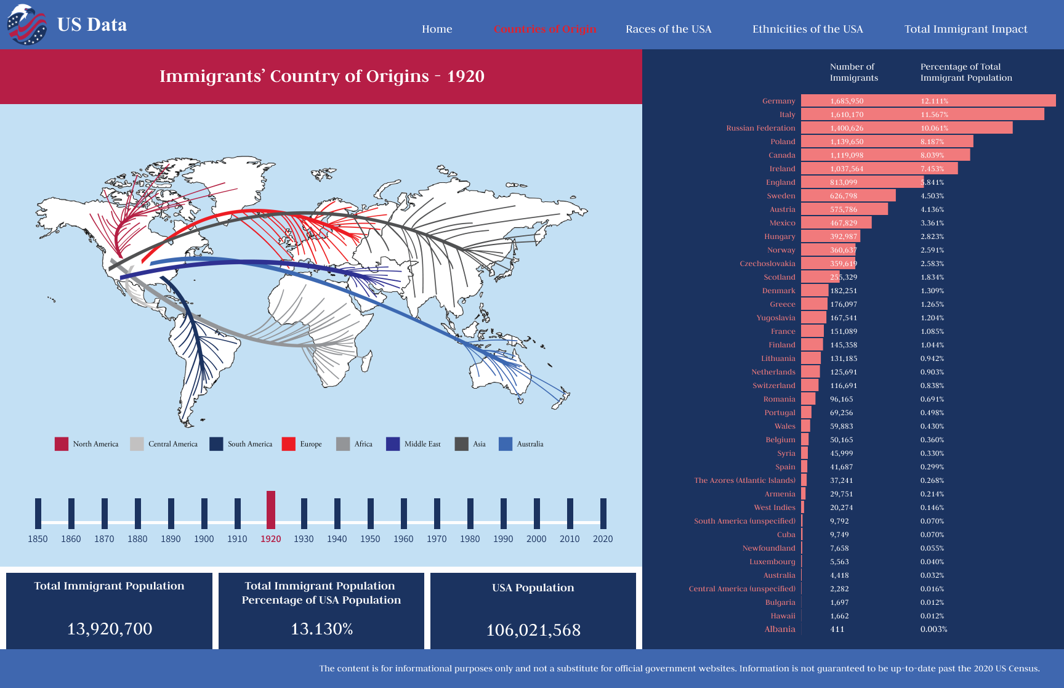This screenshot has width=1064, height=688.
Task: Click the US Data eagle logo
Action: click(x=26, y=25)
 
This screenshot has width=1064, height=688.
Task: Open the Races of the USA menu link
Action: click(x=668, y=29)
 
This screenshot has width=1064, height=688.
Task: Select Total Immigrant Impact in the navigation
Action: click(x=965, y=29)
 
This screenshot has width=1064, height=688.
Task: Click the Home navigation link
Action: click(x=437, y=29)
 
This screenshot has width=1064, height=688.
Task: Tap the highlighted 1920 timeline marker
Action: click(x=271, y=509)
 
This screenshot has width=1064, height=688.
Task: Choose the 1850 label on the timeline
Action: click(x=38, y=539)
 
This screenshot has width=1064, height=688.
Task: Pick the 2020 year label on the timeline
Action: click(x=603, y=539)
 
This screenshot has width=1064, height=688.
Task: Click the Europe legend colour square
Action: click(x=288, y=444)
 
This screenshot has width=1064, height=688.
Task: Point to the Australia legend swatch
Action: click(x=506, y=444)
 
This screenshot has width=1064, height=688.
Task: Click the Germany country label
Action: click(x=778, y=101)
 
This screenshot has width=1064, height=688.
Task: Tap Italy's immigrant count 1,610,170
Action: click(x=847, y=115)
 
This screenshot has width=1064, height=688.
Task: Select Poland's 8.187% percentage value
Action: click(x=932, y=142)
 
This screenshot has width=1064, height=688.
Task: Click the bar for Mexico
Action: click(x=836, y=223)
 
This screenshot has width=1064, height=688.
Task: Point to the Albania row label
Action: click(x=780, y=629)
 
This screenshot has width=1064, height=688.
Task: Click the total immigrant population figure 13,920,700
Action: click(x=110, y=629)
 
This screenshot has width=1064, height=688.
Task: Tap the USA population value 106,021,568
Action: click(x=533, y=630)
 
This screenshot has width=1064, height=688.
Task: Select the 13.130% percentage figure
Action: click(x=321, y=629)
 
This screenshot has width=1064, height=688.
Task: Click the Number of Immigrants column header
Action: click(x=853, y=72)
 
